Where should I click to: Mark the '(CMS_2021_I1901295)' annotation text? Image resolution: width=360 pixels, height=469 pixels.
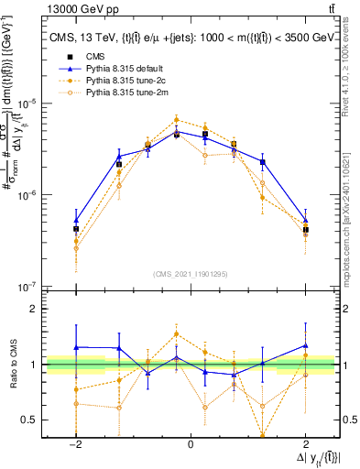click(191, 274)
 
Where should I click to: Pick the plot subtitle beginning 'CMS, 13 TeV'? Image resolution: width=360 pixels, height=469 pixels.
click(191, 38)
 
